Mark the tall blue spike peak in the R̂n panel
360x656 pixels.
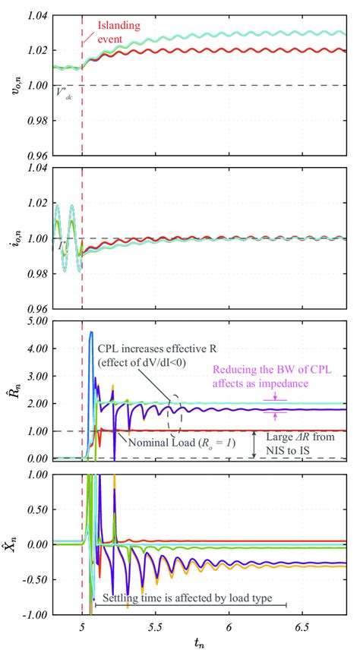click(91, 333)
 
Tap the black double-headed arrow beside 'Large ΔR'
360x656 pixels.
click(254, 444)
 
